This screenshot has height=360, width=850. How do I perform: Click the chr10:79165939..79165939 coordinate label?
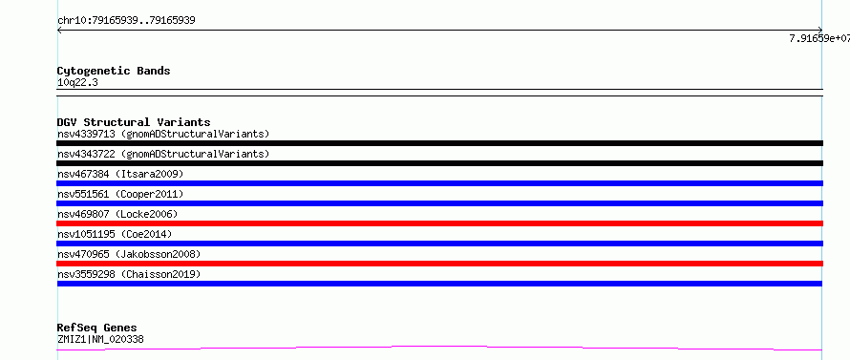pyautogui.click(x=126, y=21)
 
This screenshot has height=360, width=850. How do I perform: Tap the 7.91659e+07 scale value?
pyautogui.click(x=819, y=38)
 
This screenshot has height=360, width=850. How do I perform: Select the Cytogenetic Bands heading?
pyautogui.click(x=114, y=71)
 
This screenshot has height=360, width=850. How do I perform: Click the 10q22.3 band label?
pyautogui.click(x=77, y=83)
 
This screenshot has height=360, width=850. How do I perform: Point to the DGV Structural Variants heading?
pyautogui.click(x=134, y=122)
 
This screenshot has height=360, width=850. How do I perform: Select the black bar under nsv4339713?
pyautogui.click(x=439, y=143)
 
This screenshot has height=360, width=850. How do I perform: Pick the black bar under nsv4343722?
pyautogui.click(x=439, y=163)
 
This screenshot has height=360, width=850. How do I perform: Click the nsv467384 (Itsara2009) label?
pyautogui.click(x=120, y=174)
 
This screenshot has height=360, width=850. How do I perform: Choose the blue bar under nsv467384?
pyautogui.click(x=439, y=183)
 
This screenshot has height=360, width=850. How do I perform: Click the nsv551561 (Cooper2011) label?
pyautogui.click(x=120, y=194)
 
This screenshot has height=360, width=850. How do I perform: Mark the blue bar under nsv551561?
pyautogui.click(x=439, y=203)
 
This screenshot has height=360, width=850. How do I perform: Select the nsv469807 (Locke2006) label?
pyautogui.click(x=117, y=214)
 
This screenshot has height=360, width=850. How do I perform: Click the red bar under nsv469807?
pyautogui.click(x=439, y=223)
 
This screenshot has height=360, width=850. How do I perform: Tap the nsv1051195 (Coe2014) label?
pyautogui.click(x=115, y=234)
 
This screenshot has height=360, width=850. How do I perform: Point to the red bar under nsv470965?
pyautogui.click(x=439, y=264)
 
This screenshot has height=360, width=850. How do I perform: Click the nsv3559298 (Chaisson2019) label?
pyautogui.click(x=129, y=274)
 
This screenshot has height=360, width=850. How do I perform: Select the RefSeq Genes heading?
pyautogui.click(x=97, y=328)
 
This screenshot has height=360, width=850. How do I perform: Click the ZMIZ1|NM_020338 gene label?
pyautogui.click(x=100, y=340)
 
